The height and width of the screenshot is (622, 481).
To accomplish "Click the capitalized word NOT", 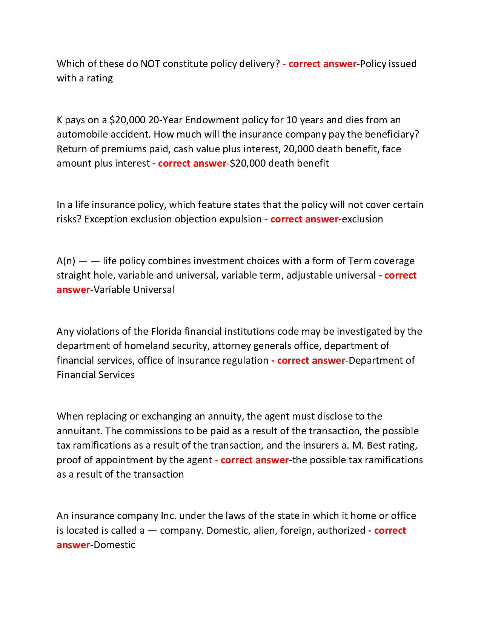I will pyautogui.click(x=150, y=64).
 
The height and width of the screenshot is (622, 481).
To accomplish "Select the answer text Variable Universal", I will pyautogui.click(x=134, y=290).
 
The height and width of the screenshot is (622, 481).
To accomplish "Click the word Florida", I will pyautogui.click(x=166, y=331).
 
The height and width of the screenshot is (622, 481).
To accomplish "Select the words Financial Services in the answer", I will pyautogui.click(x=95, y=375).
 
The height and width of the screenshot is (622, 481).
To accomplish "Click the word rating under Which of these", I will pyautogui.click(x=100, y=78).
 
